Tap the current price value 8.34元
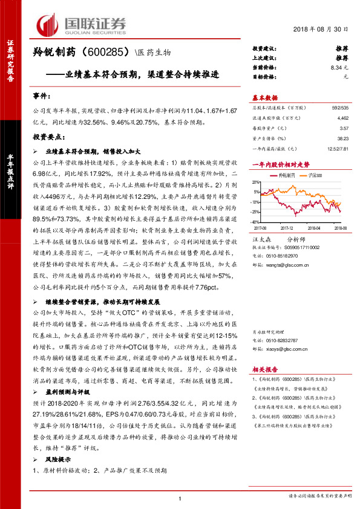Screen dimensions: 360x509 click(x=340, y=68)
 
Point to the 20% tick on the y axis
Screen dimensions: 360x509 click(x=257, y=180)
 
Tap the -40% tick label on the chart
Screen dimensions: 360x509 click(x=257, y=222)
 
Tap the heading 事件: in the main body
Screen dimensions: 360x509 click(x=41, y=96)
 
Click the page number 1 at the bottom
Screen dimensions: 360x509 click(x=180, y=498)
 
